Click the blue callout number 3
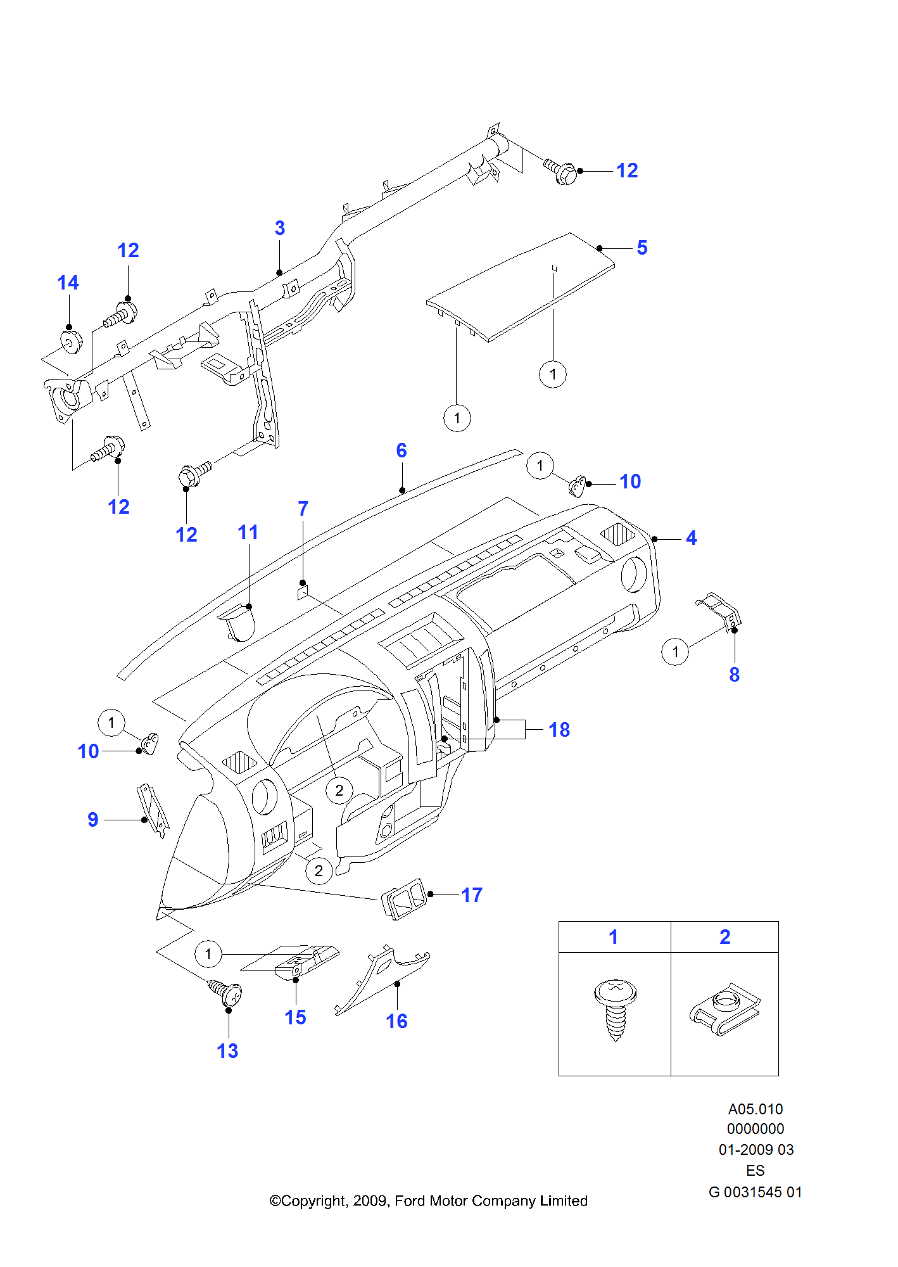coord(280,228)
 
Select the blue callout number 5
coord(642,248)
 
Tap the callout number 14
coord(68,283)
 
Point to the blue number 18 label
coord(559,730)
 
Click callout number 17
coord(472,895)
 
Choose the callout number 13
coord(227,1051)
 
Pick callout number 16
coord(397,1021)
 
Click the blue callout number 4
coord(692,538)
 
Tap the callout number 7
coord(303,509)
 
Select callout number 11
coord(248,532)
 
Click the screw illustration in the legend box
coord(615,1010)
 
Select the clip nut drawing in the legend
coord(725,1009)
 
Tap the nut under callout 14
coord(71,341)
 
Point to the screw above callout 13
coord(225,993)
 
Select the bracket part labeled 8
coord(719,611)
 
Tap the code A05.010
coord(756,1109)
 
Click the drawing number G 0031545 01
coord(756,1192)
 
